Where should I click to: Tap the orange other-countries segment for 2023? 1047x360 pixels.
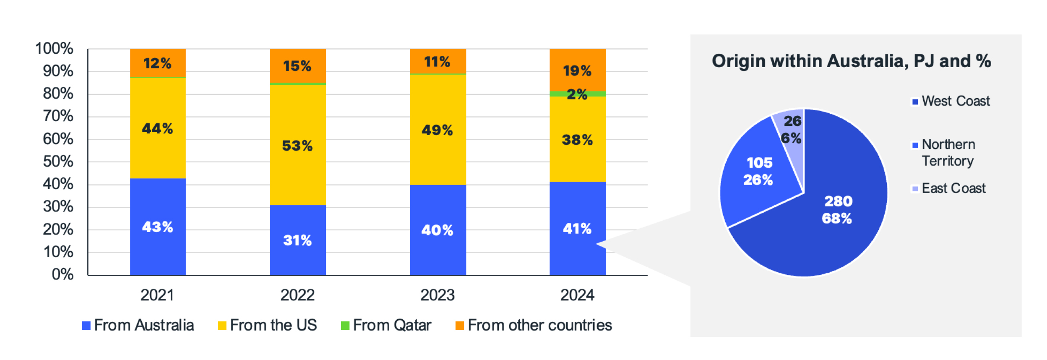coord(438,61)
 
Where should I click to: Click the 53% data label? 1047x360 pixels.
coord(297,146)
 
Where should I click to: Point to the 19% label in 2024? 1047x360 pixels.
coord(577,70)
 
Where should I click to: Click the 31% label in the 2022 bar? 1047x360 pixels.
coord(297,240)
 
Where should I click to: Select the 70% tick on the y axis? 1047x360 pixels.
coord(58,116)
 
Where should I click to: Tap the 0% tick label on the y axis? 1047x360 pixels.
coord(63,274)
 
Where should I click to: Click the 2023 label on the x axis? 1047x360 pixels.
coord(438,295)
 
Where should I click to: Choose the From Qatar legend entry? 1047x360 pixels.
coord(392,325)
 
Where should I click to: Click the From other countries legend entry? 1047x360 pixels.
coord(539,325)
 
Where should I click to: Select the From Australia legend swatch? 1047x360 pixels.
coord(86,326)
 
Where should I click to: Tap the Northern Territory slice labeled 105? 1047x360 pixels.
coord(755,185)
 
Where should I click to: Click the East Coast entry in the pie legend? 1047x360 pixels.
coord(953,188)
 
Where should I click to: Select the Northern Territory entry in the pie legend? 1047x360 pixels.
coord(948,153)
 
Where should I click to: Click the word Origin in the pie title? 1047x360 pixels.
coord(738,61)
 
